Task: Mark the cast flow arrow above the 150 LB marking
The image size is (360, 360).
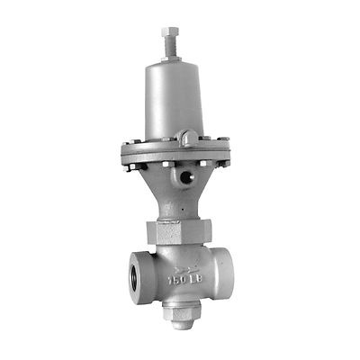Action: click(184, 266)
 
